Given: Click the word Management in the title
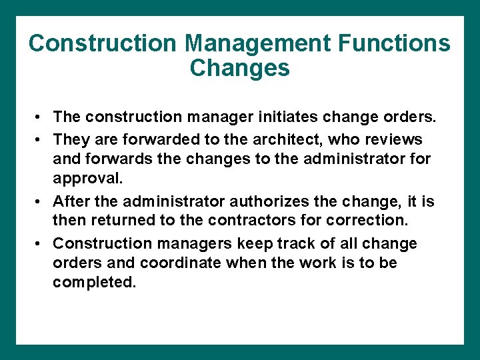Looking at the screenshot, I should click(257, 43).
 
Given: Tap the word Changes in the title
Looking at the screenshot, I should click(240, 68).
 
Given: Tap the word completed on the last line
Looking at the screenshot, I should click(95, 283).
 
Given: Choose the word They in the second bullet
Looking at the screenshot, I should click(70, 139).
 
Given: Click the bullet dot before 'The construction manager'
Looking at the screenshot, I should click(41, 118).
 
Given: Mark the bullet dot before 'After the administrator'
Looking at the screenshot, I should click(41, 202).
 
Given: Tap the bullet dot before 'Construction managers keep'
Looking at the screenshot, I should click(41, 244).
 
